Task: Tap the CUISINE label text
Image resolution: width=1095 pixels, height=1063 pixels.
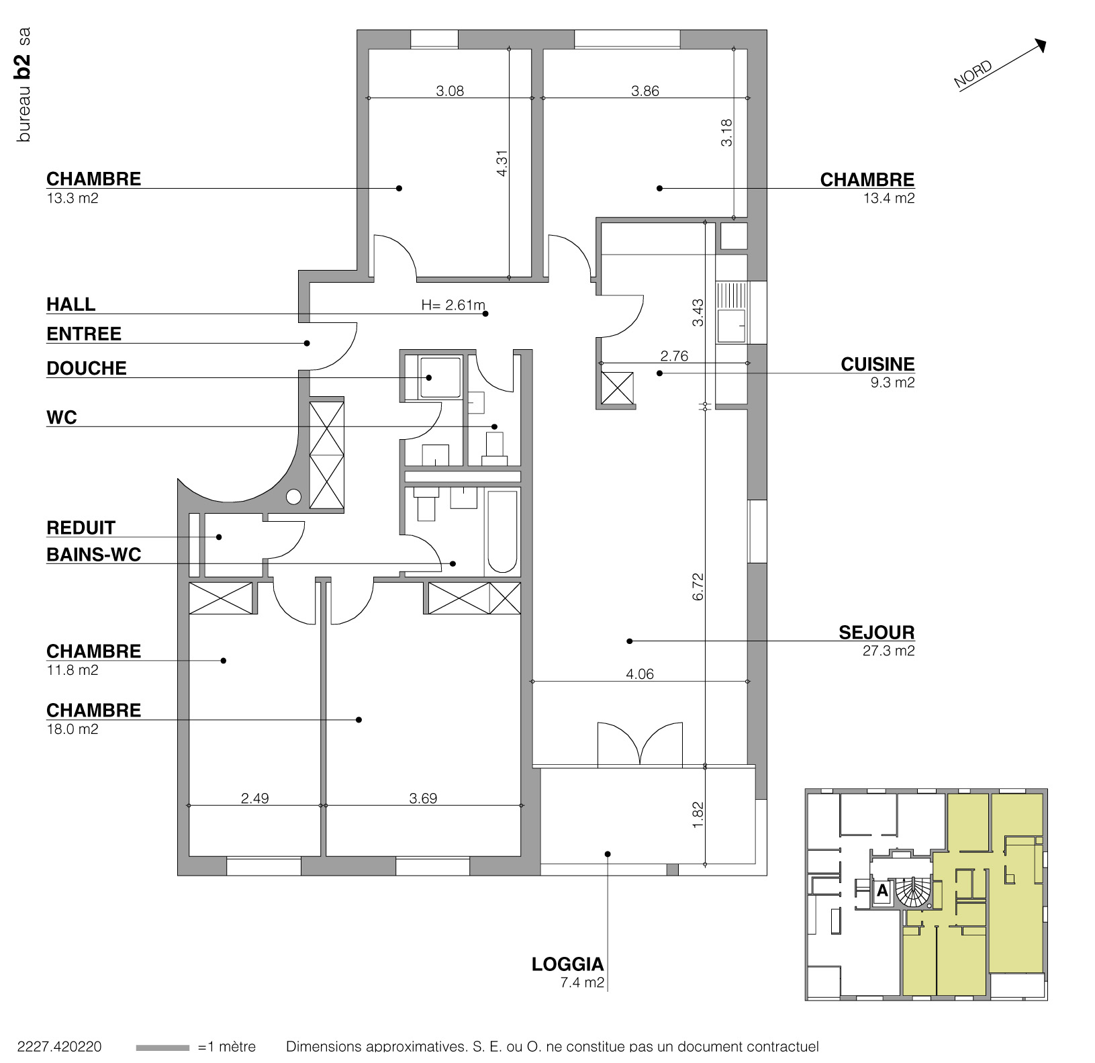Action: click(x=877, y=365)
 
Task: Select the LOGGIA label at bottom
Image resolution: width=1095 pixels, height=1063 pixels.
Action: click(x=567, y=965)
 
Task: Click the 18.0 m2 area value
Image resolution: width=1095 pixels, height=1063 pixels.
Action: click(x=73, y=729)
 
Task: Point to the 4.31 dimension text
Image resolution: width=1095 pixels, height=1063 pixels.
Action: click(x=502, y=163)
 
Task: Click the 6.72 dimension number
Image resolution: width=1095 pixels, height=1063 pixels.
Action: click(x=698, y=586)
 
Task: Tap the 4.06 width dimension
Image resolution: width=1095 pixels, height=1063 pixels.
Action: click(x=639, y=674)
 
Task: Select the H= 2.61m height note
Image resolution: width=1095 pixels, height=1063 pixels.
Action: click(x=453, y=305)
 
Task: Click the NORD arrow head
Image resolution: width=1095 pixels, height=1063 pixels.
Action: click(x=1041, y=45)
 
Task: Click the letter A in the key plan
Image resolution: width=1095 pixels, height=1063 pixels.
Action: click(x=882, y=892)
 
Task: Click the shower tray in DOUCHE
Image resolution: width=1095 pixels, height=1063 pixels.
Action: click(x=440, y=377)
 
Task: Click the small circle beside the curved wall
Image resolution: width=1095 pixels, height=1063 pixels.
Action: click(x=293, y=497)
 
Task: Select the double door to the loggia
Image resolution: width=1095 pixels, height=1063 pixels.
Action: click(x=640, y=744)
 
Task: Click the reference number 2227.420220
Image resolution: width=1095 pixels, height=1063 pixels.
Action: click(x=59, y=1047)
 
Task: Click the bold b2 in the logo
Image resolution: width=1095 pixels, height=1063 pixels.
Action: click(x=23, y=66)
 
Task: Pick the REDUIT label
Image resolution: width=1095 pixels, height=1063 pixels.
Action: click(x=81, y=528)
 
